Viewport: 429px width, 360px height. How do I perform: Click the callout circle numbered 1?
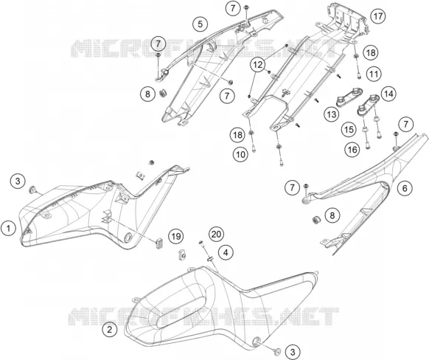(x=9, y=228)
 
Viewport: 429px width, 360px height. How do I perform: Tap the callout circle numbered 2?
(x=110, y=330)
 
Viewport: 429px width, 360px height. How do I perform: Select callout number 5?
(x=200, y=24)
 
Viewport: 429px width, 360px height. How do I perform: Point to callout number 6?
(x=405, y=188)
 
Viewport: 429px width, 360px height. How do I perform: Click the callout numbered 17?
(x=378, y=16)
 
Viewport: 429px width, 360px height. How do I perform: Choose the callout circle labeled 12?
(x=258, y=65)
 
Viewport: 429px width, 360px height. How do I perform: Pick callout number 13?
(x=332, y=114)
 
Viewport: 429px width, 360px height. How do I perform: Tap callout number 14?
(x=388, y=94)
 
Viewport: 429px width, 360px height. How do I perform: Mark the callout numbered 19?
(x=176, y=236)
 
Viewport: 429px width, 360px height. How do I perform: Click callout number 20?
(x=217, y=234)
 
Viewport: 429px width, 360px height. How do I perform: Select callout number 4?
(x=226, y=252)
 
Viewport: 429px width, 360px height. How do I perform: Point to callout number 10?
(x=240, y=155)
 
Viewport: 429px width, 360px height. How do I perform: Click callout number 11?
(x=374, y=74)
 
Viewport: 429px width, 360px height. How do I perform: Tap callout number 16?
(x=352, y=150)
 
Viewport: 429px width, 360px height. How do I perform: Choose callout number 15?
(x=349, y=130)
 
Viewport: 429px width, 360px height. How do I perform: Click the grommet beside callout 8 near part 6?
(x=316, y=212)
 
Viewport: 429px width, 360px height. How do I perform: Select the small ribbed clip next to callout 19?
(x=159, y=243)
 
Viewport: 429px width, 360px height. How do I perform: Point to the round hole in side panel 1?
(x=128, y=238)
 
